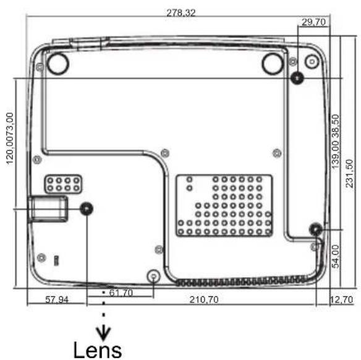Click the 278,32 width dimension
point(181,13)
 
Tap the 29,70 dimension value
point(314,22)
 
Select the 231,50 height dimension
point(349,173)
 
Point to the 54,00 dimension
point(336,257)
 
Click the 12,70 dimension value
point(342,299)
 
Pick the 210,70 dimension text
point(204,299)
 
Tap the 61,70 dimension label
point(121,293)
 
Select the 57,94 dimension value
point(57,299)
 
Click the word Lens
point(98,349)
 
